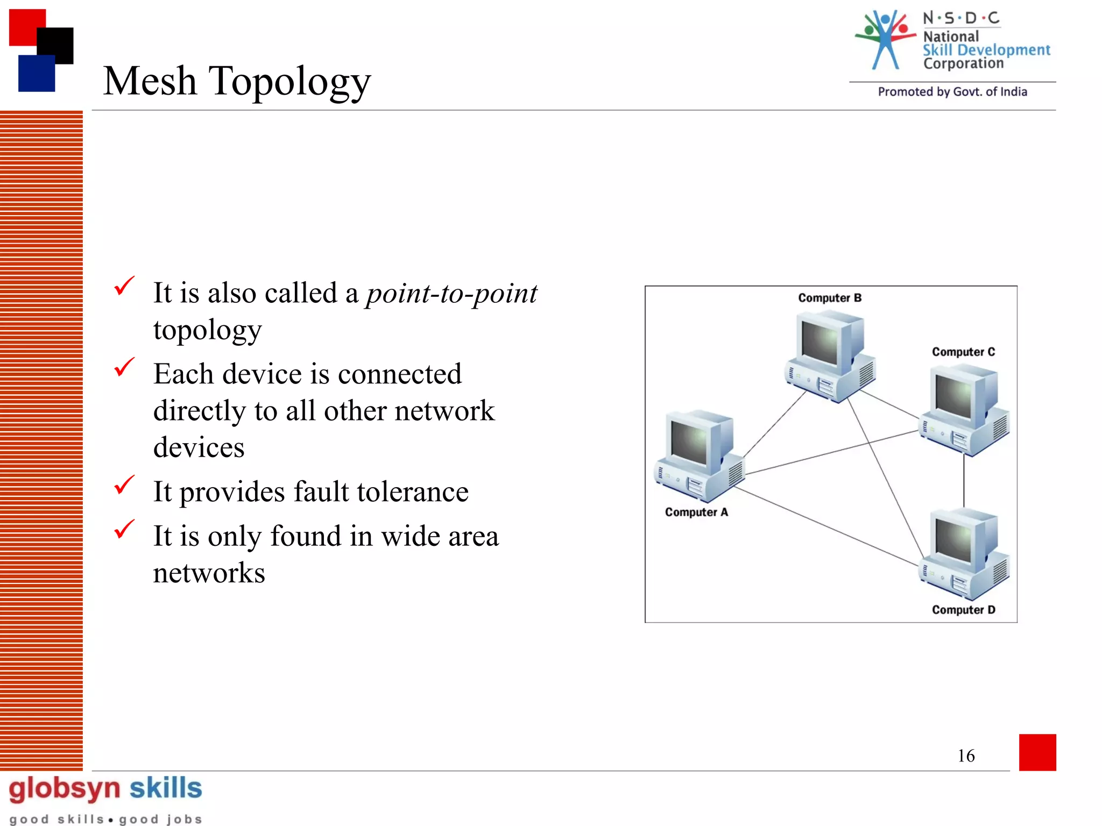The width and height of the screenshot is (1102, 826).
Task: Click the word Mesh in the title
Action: coord(150,81)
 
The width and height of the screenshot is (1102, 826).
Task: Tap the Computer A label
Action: coord(696,512)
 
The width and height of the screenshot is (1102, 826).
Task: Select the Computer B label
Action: coord(829,298)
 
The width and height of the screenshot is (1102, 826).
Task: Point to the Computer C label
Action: coord(963,352)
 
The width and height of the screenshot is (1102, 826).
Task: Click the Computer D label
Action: coord(963,610)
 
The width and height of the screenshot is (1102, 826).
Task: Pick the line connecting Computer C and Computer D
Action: coord(964,481)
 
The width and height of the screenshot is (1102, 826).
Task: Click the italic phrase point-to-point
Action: coord(451,294)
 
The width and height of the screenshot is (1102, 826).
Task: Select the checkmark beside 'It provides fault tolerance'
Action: coord(124,485)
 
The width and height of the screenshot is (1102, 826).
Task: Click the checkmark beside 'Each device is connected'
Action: coord(124,367)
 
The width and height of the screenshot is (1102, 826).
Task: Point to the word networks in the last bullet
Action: coord(209,573)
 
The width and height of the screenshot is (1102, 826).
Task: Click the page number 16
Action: coord(966,756)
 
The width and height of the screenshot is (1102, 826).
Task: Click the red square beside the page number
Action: coord(1037,752)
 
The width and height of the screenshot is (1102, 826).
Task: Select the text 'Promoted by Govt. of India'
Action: coord(952,92)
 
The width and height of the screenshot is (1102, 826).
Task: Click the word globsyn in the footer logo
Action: coord(65,789)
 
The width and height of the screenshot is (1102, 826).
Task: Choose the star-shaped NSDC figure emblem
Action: coord(886,39)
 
